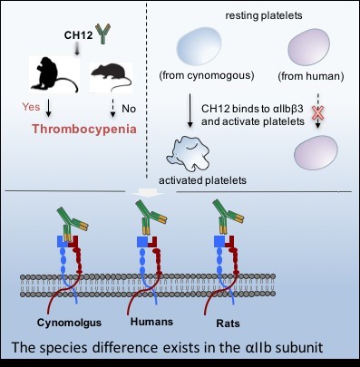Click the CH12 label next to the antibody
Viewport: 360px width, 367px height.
(x=78, y=35)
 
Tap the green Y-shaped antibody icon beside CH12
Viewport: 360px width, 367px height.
(x=102, y=34)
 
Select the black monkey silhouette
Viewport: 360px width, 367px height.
(x=54, y=74)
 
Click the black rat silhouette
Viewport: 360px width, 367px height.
(x=112, y=75)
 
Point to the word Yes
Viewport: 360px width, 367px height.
(x=31, y=107)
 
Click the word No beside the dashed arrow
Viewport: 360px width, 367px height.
(x=129, y=109)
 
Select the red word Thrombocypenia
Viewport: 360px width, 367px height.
(x=84, y=129)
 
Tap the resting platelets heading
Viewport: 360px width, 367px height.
(x=264, y=15)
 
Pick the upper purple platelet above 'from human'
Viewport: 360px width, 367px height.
(x=308, y=47)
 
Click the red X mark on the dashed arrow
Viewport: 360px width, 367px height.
(x=318, y=113)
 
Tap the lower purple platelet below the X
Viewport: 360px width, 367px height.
(x=316, y=152)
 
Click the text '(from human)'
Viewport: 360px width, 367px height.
(x=311, y=76)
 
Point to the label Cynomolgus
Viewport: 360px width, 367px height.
(x=69, y=323)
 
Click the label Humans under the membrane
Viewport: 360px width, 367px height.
(x=151, y=322)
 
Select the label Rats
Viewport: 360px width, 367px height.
(x=228, y=324)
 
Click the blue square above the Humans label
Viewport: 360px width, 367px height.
(x=142, y=242)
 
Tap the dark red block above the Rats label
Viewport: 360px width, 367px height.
(x=230, y=243)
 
